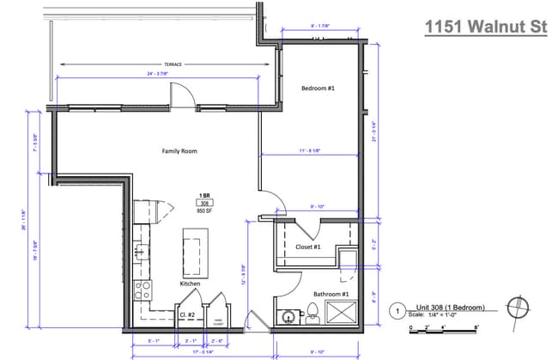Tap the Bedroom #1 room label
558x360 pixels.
pos(317,88)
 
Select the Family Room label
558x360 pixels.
pos(180,151)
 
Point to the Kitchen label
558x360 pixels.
pos(190,283)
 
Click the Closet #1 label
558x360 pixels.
pos(308,247)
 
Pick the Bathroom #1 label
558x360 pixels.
pos(331,295)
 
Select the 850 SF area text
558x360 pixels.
pos(205,211)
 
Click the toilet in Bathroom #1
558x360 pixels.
pos(313,317)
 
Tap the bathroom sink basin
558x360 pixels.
pos(285,317)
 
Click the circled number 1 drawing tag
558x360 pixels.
pos(397,310)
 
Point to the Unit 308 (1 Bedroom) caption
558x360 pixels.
pos(451,307)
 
